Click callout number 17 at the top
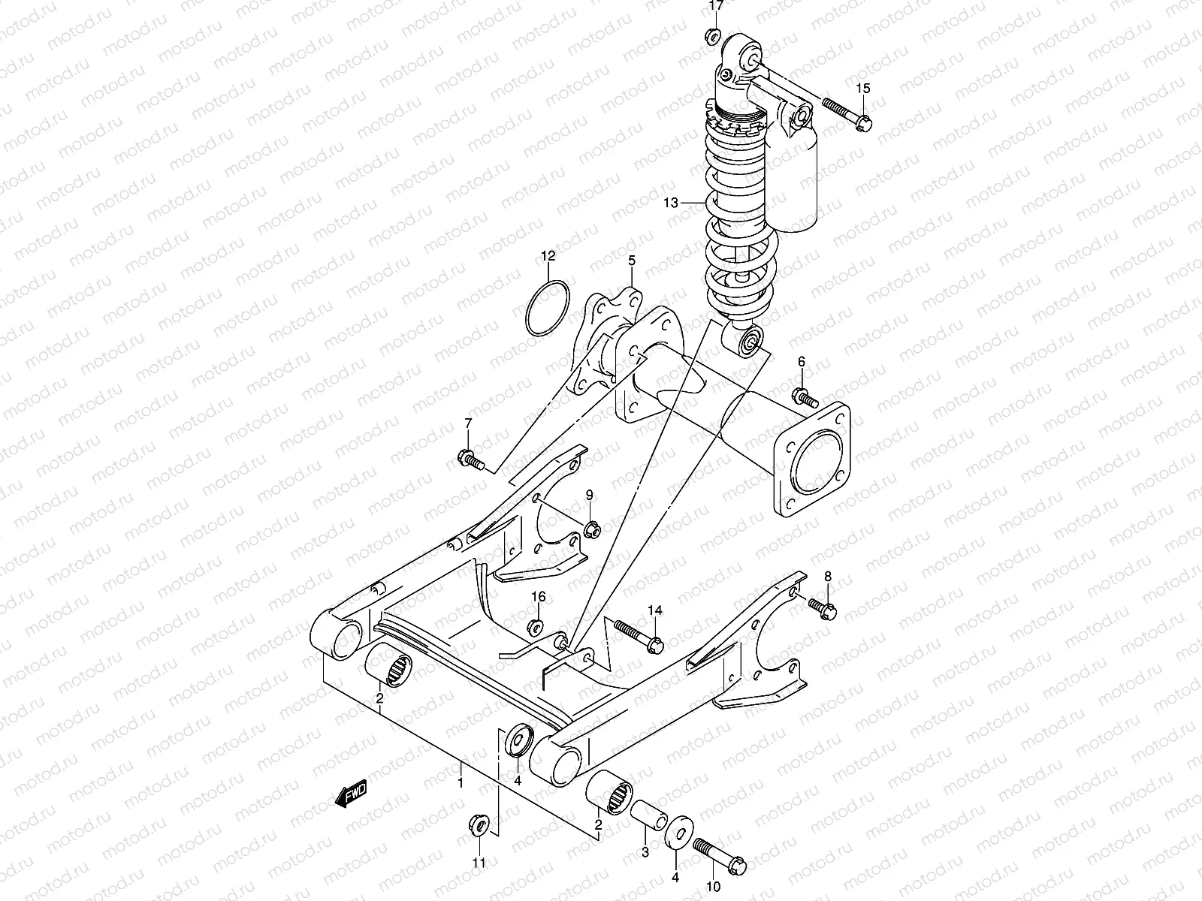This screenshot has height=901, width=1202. click(x=716, y=6)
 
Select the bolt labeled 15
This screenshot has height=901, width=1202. click(x=847, y=113)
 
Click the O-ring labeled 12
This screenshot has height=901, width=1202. click(x=547, y=309)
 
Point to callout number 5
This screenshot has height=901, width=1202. click(x=632, y=261)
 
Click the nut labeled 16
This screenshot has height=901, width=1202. click(x=537, y=626)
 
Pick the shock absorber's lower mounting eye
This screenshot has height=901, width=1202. click(x=747, y=343)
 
